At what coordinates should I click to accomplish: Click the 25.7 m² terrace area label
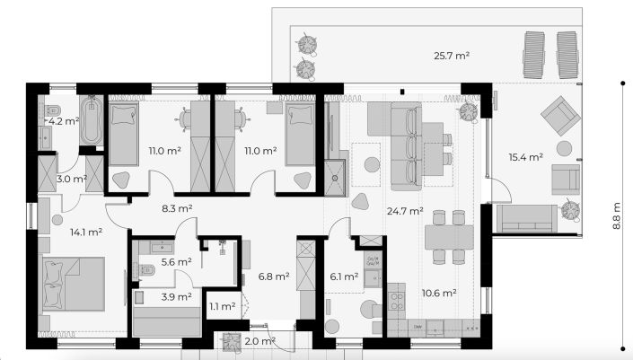452,56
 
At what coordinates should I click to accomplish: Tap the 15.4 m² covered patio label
525,157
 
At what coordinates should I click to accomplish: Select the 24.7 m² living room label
405,211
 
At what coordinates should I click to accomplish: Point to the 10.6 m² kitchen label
439,293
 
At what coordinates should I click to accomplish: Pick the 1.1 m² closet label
223,306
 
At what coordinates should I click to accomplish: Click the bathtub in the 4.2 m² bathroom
92,120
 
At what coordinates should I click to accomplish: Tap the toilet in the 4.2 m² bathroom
53,110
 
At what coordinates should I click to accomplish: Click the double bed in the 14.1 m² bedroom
74,284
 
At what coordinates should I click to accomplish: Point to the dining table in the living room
449,237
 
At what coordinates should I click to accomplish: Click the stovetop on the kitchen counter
397,301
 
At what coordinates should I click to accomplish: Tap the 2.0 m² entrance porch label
260,341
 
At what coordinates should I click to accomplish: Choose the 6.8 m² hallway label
274,277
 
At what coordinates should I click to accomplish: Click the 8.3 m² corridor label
177,208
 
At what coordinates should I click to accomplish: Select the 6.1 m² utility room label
344,277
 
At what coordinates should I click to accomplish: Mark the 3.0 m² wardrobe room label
72,179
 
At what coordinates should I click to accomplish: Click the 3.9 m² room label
176,296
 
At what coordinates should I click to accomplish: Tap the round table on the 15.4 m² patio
564,148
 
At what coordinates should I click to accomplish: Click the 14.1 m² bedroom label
86,232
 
